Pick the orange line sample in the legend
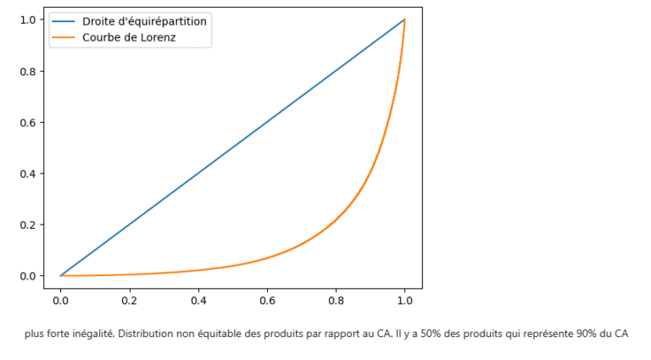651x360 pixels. pos(64,37)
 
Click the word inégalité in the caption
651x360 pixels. pos(93,335)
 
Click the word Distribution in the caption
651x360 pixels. pos(145,335)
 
